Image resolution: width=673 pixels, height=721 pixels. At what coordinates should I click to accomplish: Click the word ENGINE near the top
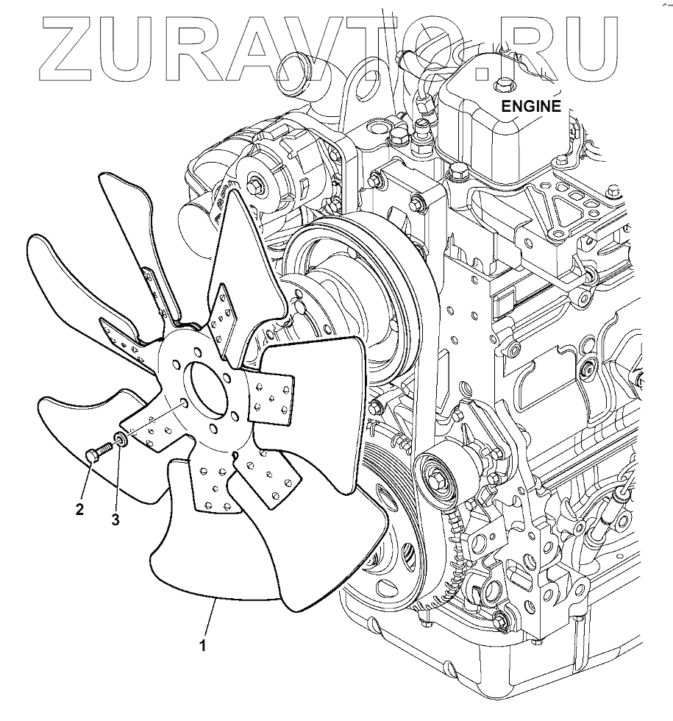[531, 105]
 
